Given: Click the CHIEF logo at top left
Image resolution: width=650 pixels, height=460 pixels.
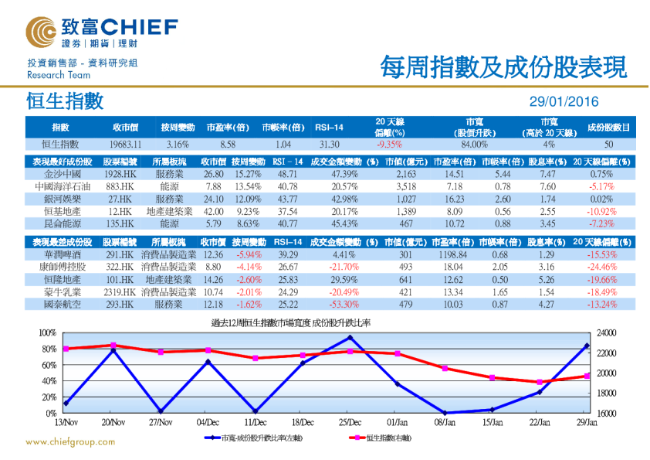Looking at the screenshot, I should click(x=101, y=30).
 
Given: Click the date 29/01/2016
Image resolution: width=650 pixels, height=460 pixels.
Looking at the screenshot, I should click(x=563, y=101).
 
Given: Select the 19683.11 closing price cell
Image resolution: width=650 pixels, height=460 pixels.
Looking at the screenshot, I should click(x=125, y=144).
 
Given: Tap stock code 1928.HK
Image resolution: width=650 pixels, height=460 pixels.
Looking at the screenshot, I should click(x=120, y=175).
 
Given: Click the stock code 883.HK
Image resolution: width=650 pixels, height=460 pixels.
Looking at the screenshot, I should click(x=120, y=187).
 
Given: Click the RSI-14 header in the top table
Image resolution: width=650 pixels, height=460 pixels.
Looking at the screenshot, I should click(x=329, y=127).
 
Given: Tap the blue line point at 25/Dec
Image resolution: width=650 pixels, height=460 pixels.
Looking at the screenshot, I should click(x=350, y=338).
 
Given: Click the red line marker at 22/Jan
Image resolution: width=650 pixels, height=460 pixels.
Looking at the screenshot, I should click(x=540, y=382).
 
